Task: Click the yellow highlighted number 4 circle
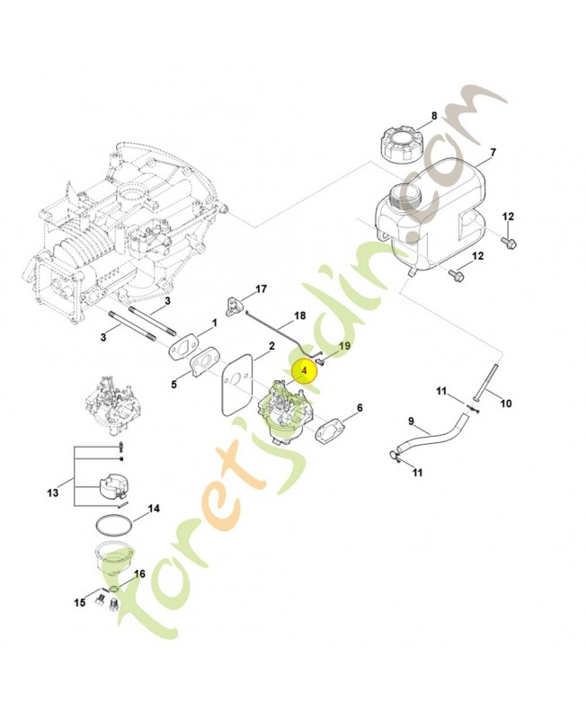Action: (305, 369)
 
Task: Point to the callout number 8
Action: (433, 116)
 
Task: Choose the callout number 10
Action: (505, 404)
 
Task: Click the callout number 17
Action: (262, 288)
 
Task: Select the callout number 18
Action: (300, 316)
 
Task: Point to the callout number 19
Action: (343, 346)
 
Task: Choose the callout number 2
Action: (271, 346)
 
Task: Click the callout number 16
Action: (139, 573)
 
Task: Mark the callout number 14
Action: (154, 509)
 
